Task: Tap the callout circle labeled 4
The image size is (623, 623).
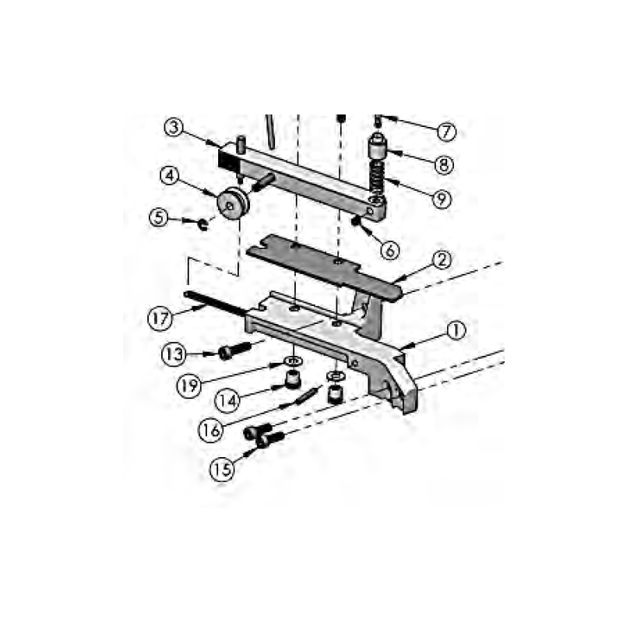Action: coord(172,176)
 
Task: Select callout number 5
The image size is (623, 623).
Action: coord(160,218)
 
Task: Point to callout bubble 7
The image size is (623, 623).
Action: coord(445,132)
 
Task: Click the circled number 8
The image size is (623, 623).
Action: coord(443,164)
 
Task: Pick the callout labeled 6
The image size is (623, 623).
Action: coord(389,249)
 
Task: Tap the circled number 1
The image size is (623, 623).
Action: coord(456,331)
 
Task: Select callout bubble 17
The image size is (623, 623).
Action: coord(160,318)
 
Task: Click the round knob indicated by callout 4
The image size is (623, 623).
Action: coord(233,204)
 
